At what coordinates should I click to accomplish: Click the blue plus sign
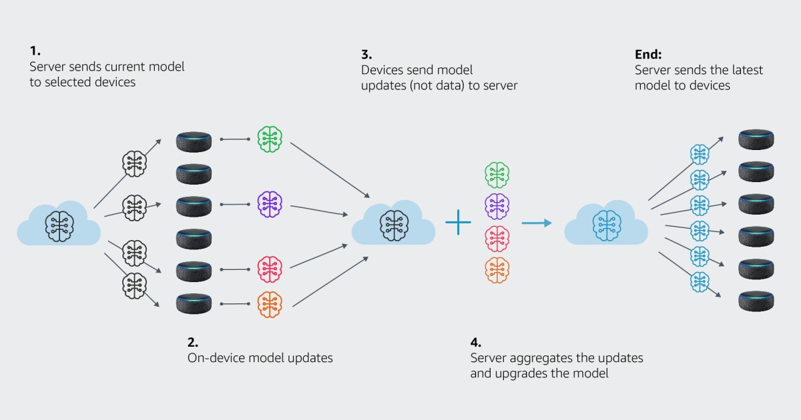458,223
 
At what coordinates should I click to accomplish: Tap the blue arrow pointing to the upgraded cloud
537,223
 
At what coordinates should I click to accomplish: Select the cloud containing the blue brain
606,225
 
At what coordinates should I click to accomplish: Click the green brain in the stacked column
497,175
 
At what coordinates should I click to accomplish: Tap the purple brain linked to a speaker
270,205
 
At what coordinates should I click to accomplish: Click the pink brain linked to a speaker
270,269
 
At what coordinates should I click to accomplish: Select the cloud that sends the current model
59,225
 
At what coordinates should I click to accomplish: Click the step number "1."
35,51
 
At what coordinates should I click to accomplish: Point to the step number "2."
193,342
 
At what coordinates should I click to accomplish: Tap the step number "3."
366,54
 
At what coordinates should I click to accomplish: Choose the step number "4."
475,342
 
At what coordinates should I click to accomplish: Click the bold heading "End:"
647,54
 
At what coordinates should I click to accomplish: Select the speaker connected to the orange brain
194,303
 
